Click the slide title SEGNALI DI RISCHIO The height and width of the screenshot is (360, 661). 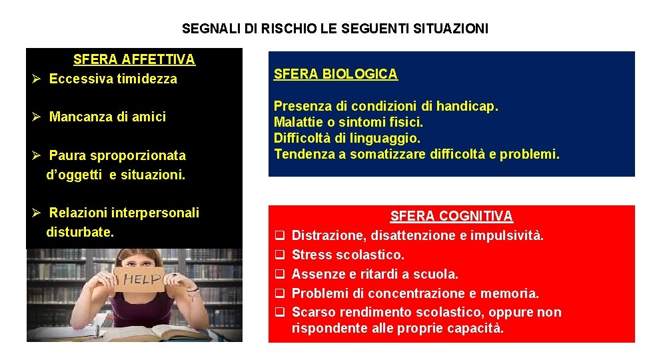point(334,29)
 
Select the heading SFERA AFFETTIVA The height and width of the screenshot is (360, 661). point(134,59)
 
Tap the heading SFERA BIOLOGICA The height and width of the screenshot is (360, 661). point(336,74)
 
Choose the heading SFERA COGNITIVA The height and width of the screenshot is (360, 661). point(451,216)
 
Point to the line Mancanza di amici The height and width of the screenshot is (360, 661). point(107,117)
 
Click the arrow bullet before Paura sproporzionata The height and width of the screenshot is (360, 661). point(38,156)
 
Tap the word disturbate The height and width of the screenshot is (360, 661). point(80,232)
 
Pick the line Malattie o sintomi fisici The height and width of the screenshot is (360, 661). point(348,122)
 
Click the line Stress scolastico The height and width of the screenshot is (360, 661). point(348,255)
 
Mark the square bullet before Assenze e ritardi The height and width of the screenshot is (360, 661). point(281,274)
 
